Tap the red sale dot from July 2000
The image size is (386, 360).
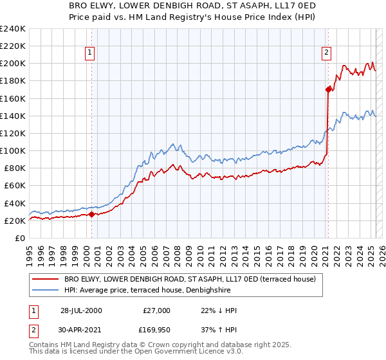click(x=91, y=215)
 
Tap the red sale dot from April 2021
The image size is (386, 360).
click(x=328, y=90)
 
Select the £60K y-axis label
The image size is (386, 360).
click(x=14, y=186)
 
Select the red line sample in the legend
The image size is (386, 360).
click(x=44, y=280)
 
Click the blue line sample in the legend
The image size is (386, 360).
click(x=44, y=290)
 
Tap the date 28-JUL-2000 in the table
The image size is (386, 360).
click(x=81, y=310)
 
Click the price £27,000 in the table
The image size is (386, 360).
click(x=155, y=310)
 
